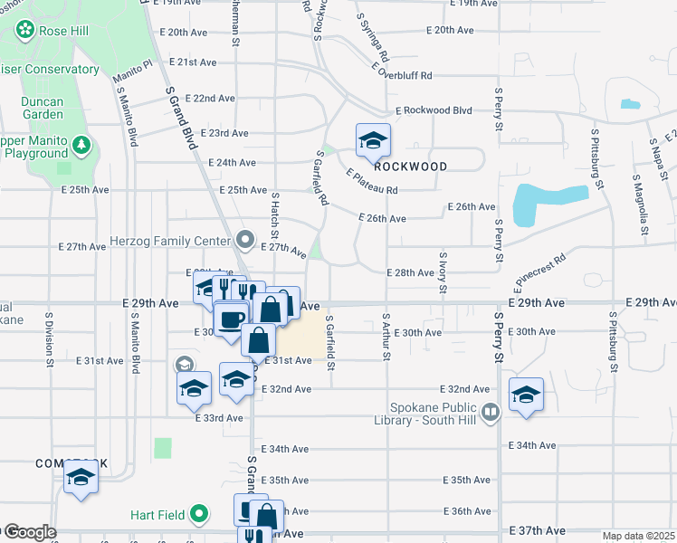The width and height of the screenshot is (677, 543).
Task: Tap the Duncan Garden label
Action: (43, 108)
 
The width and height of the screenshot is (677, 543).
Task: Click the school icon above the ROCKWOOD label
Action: (372, 141)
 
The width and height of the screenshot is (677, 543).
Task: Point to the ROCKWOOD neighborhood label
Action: (411, 167)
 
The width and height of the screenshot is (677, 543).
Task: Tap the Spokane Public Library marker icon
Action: (491, 413)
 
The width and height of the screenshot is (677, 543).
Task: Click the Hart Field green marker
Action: (200, 516)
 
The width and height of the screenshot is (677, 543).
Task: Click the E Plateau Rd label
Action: (372, 181)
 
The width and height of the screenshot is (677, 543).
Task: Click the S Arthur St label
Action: (386, 337)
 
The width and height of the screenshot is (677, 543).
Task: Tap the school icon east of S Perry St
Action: (526, 395)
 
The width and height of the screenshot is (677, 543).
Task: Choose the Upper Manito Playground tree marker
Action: (82, 146)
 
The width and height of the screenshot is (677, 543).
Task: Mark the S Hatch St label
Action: (274, 215)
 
